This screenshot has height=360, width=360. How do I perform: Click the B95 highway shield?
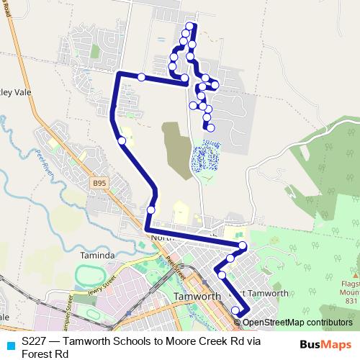click(99, 184)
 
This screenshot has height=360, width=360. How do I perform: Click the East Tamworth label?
click(259, 293)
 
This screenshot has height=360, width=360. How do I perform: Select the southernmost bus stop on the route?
click(235, 310)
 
